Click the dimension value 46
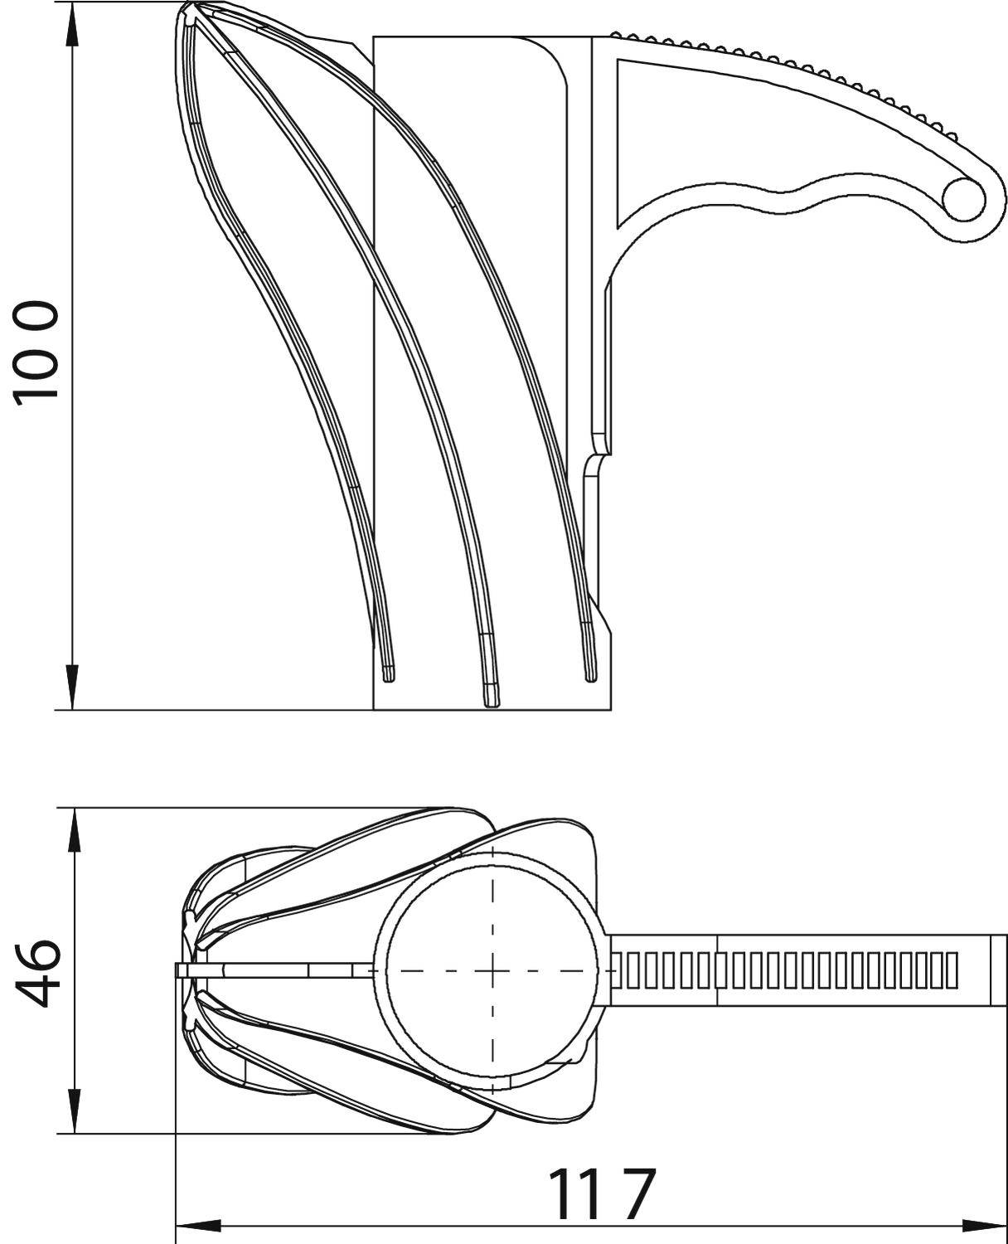[x=36, y=974]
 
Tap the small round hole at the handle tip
[x=963, y=200]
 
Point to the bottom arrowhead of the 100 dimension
[x=72, y=687]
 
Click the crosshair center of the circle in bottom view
[x=493, y=971]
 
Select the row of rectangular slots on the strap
[x=783, y=970]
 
